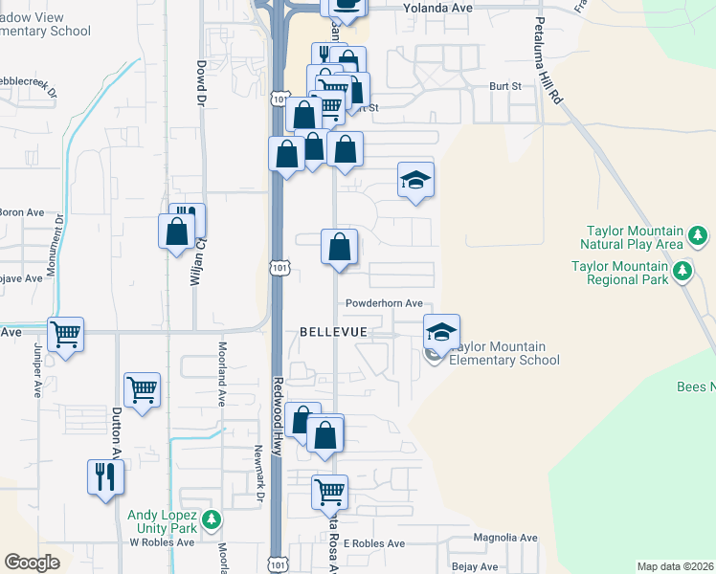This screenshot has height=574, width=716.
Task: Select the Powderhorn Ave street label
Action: tap(385, 303)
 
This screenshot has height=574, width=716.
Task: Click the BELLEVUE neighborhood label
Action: tap(334, 331)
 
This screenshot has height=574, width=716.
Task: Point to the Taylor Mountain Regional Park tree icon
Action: tap(682, 273)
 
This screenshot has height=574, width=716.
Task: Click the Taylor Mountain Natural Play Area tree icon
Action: tap(699, 235)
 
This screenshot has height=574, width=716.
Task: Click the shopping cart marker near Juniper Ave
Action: tap(65, 335)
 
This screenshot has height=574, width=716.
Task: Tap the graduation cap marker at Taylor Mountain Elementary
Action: tap(441, 331)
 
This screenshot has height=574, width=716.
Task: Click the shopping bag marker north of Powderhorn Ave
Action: tap(339, 247)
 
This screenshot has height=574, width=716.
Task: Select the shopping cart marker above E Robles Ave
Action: tap(329, 492)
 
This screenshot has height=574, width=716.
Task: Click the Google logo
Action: tap(32, 563)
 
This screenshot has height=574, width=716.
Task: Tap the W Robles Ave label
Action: tap(162, 541)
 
